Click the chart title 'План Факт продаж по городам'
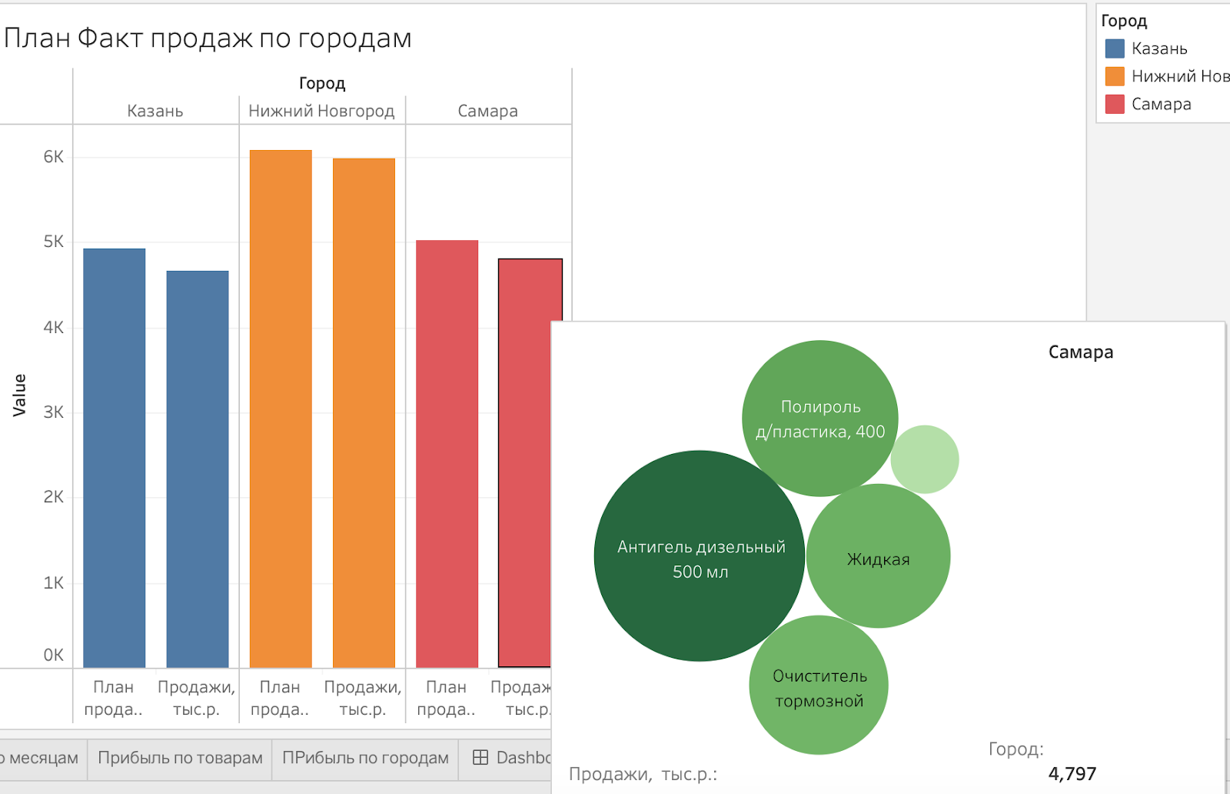pos(208,38)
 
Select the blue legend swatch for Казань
pos(1115,48)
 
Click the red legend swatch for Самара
pos(1115,104)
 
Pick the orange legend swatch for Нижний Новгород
pos(1115,76)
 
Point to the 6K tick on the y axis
pos(54,157)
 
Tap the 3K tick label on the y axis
pos(54,412)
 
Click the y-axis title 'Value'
pos(19,395)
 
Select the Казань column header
pos(155,111)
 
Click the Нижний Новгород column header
pos(321,111)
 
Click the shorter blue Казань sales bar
pos(198,469)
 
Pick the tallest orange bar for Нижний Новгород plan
pos(281,408)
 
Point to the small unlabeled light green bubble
pos(925,459)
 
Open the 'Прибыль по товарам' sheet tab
pos(180,758)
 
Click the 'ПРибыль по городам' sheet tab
pos(365,758)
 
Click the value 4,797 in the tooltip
pos(1072,773)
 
